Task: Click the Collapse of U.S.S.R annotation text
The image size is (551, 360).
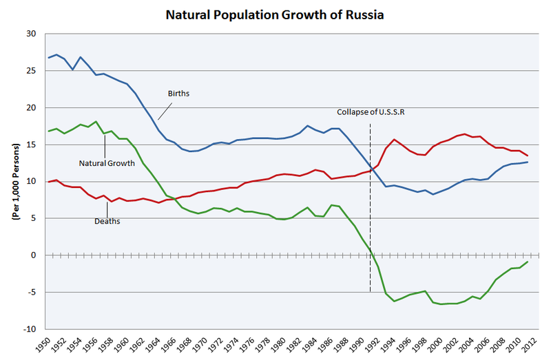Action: click(370, 112)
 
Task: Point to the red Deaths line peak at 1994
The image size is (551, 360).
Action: click(395, 140)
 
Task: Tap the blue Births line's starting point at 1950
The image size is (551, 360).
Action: click(49, 57)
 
